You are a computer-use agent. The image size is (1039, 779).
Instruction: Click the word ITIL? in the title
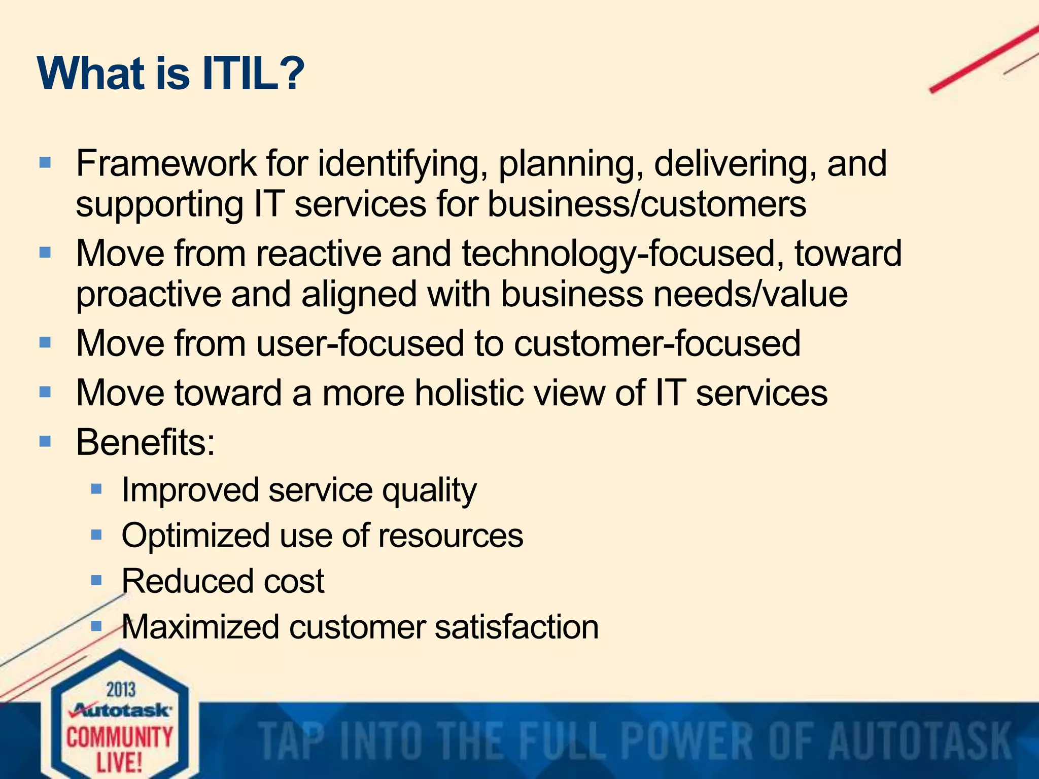coord(253,74)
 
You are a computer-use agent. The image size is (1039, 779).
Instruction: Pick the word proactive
coord(148,295)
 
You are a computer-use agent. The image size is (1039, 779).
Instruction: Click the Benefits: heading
coord(146,442)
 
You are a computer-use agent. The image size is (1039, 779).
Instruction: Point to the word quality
coord(429,490)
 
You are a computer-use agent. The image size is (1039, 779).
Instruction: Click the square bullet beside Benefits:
coord(45,441)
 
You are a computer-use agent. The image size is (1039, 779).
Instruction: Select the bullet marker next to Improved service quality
coord(96,489)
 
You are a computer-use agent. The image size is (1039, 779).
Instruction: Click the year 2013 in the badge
coord(121,690)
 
